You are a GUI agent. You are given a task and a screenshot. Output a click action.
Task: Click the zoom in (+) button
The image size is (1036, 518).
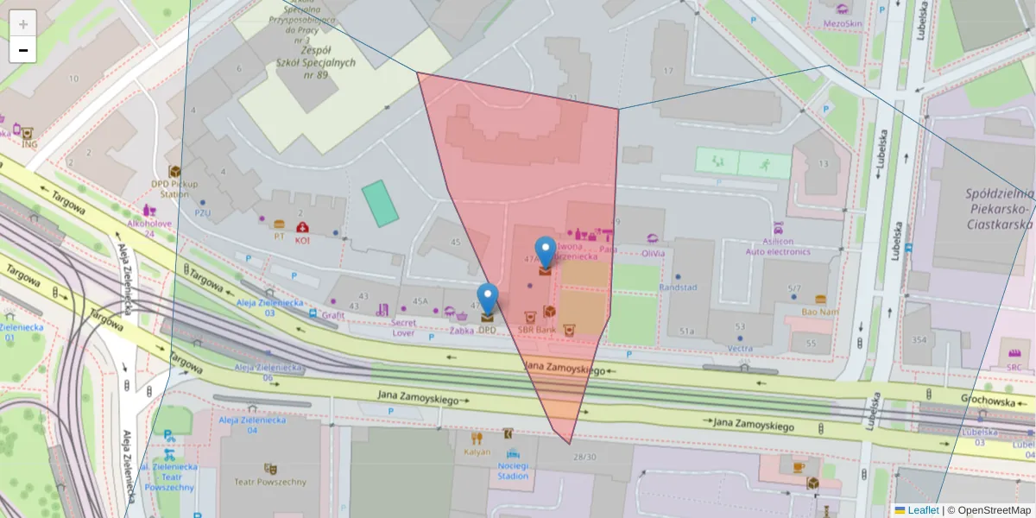[23, 24]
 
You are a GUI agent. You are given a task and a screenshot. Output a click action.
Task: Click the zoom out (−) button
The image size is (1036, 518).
[23, 50]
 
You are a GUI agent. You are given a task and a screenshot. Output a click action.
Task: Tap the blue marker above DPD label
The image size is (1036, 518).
[488, 299]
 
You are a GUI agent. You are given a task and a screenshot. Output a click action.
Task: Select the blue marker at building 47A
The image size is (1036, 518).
[546, 252]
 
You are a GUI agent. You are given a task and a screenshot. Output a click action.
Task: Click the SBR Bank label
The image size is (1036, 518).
[536, 330]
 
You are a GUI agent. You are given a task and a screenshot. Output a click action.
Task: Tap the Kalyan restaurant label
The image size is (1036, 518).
[477, 452]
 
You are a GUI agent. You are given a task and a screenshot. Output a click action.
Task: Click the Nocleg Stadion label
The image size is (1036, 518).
[513, 470]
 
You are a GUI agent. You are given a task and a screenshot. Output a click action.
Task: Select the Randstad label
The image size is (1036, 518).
[677, 287]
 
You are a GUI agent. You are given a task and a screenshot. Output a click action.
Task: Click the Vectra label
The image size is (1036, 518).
[740, 349]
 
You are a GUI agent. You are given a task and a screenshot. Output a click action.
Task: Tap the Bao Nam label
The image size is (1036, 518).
[820, 312]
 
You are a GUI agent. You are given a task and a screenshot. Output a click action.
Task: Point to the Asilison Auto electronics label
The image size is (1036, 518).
[778, 247]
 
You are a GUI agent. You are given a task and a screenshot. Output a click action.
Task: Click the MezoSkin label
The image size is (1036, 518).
[843, 23]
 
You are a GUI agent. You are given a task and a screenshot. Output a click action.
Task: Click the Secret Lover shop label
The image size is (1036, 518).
[403, 327]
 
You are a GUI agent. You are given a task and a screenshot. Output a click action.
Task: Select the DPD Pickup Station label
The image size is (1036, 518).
[174, 188]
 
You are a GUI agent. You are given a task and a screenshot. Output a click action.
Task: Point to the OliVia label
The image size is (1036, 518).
[654, 253]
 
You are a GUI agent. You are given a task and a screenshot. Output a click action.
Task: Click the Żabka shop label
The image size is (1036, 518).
[462, 330]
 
